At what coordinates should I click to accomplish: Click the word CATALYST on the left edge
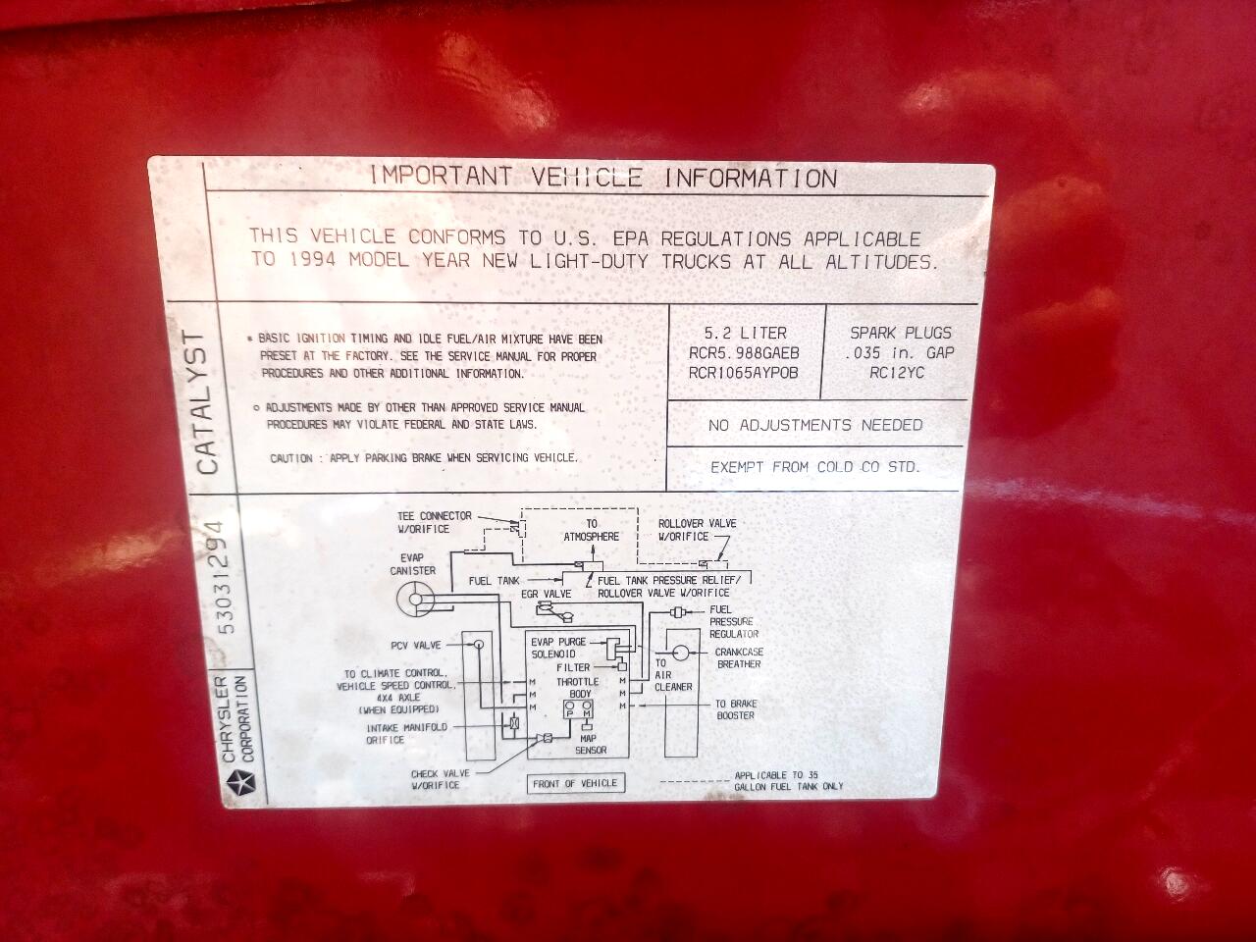coord(207,402)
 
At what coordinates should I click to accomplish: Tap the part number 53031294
coord(228,577)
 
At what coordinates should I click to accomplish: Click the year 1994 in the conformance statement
coord(312,260)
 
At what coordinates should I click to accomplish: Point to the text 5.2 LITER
coord(745,333)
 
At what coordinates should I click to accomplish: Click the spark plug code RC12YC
coord(897,373)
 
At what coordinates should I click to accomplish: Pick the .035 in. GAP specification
coord(900,353)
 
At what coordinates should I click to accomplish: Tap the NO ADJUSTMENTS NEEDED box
coord(815,424)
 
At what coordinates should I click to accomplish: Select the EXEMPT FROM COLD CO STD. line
coord(814,467)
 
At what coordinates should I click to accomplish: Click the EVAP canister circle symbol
coord(416,599)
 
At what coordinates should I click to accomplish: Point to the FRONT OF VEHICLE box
coord(575,783)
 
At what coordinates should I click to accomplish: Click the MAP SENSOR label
coord(590,744)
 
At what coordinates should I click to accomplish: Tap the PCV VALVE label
coord(415,645)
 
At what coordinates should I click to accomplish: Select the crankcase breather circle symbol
coord(680,653)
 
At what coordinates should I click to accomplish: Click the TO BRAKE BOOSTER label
coord(736,709)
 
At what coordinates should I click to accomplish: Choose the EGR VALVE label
coord(546,595)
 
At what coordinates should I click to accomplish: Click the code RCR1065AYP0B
coord(743,373)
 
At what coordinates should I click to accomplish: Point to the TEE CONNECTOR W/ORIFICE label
coord(435,522)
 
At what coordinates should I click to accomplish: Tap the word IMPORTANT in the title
coord(441,176)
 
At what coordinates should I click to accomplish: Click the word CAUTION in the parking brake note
coord(291,458)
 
